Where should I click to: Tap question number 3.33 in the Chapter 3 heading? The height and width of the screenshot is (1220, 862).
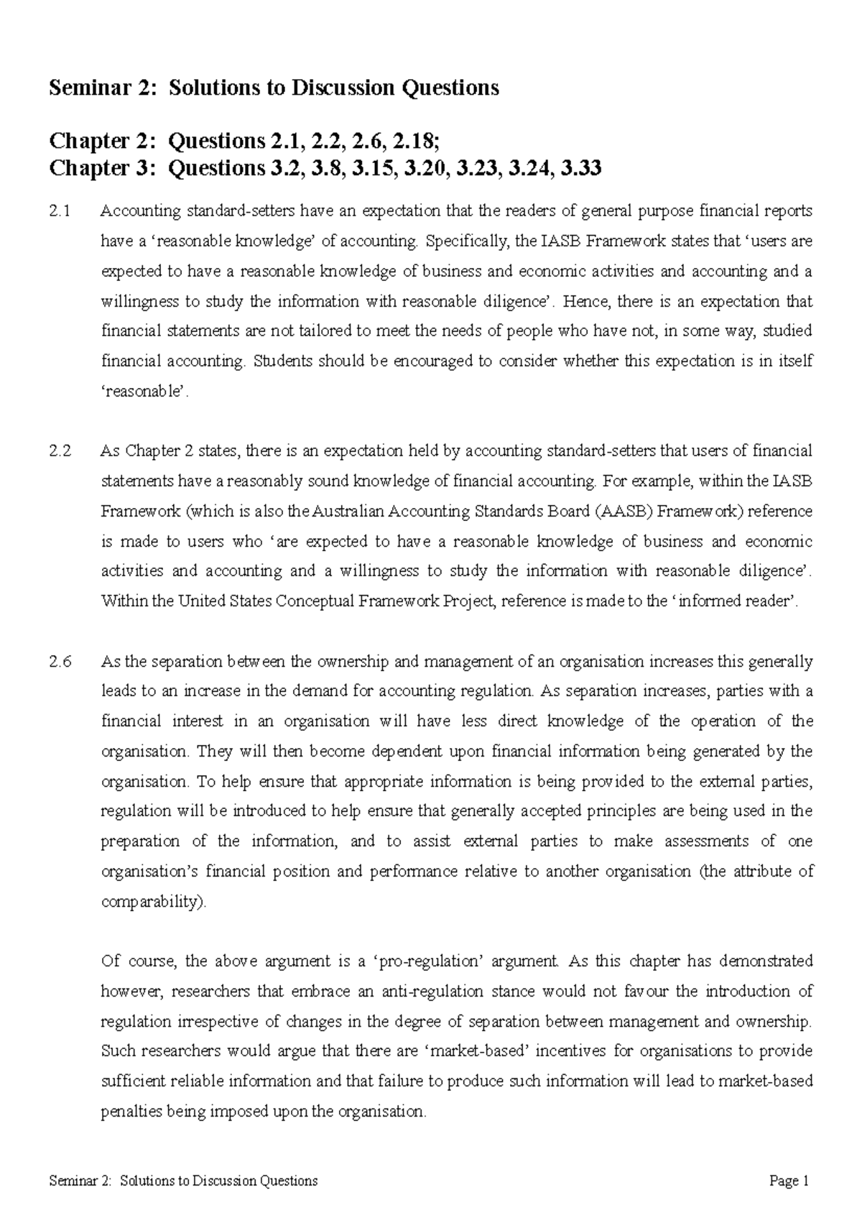pyautogui.click(x=580, y=169)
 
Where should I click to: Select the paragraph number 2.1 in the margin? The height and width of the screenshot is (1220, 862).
pyautogui.click(x=60, y=211)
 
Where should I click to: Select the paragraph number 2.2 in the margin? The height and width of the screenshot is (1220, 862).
pyautogui.click(x=60, y=451)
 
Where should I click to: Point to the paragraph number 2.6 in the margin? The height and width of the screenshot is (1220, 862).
pyautogui.click(x=60, y=662)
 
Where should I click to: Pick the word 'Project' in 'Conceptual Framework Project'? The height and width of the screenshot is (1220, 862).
pyautogui.click(x=470, y=601)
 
